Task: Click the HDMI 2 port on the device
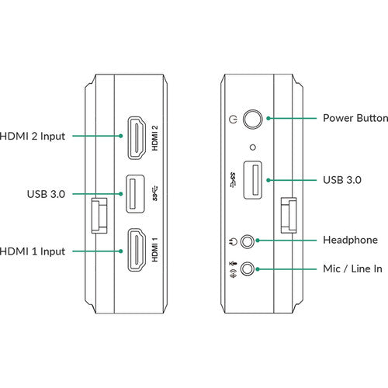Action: tap(137, 138)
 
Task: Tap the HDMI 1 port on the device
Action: tap(137, 250)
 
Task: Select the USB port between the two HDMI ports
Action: tap(135, 194)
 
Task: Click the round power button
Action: tap(253, 119)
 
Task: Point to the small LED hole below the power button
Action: tap(253, 147)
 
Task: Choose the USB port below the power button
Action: tap(253, 180)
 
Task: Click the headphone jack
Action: tap(248, 241)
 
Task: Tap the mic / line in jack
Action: tap(248, 268)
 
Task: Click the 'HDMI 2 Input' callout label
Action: tap(33, 136)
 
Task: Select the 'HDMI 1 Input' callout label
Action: tap(33, 251)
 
